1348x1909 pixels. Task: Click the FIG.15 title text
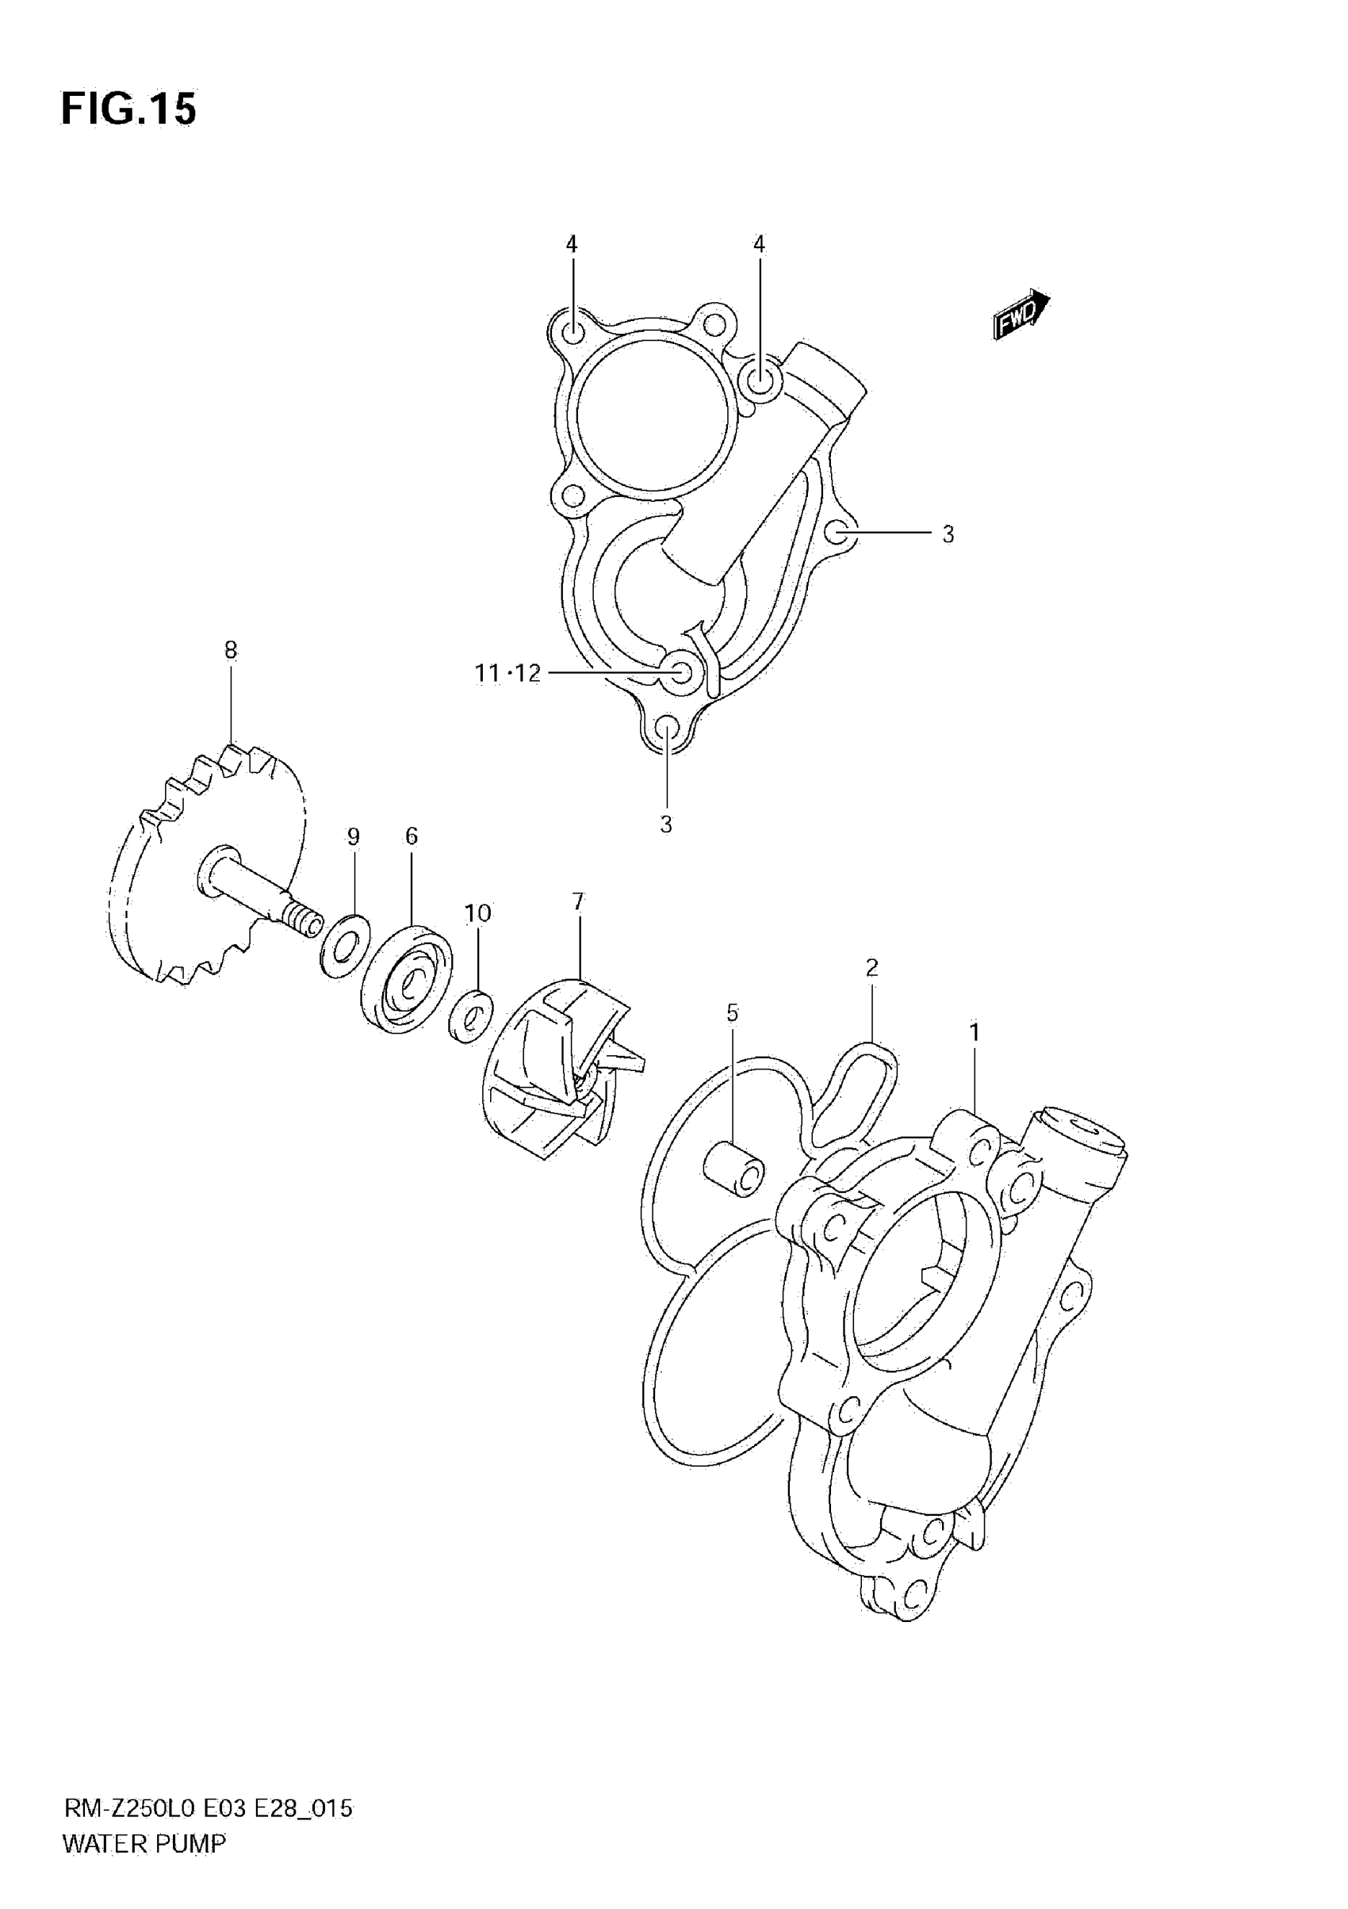[129, 109]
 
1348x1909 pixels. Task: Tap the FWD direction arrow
[1021, 314]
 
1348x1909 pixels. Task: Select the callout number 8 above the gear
[232, 650]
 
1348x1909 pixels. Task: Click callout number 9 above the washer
[354, 836]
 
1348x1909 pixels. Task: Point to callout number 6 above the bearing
[412, 836]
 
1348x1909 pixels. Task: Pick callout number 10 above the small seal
[477, 913]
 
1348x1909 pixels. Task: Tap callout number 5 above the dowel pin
[732, 1012]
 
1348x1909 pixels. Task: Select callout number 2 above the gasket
[871, 967]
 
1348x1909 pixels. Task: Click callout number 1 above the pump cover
[974, 1033]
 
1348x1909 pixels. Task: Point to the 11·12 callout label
[507, 672]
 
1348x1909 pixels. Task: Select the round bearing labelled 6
[408, 977]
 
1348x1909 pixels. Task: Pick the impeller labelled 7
[565, 1066]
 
